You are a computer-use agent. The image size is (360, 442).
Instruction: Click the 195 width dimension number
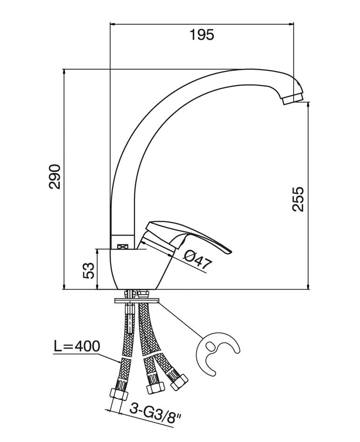(x=202, y=35)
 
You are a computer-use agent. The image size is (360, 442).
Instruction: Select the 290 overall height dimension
(x=55, y=177)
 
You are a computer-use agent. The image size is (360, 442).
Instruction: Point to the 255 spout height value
(x=298, y=200)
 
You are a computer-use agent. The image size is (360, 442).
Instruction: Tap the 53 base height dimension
(x=88, y=270)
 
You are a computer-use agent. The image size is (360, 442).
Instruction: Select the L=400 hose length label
(x=77, y=347)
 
